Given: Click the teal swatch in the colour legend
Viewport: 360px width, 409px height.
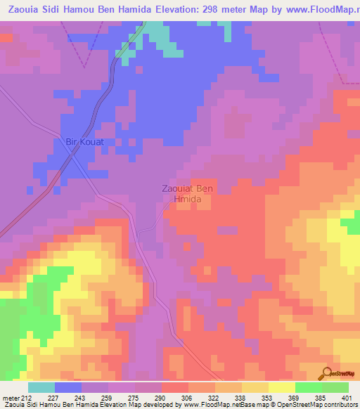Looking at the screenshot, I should tap(41, 388).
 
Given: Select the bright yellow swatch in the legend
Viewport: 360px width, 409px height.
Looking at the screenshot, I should tap(281, 388).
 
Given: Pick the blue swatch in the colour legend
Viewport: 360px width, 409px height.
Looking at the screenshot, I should tap(67, 388).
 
